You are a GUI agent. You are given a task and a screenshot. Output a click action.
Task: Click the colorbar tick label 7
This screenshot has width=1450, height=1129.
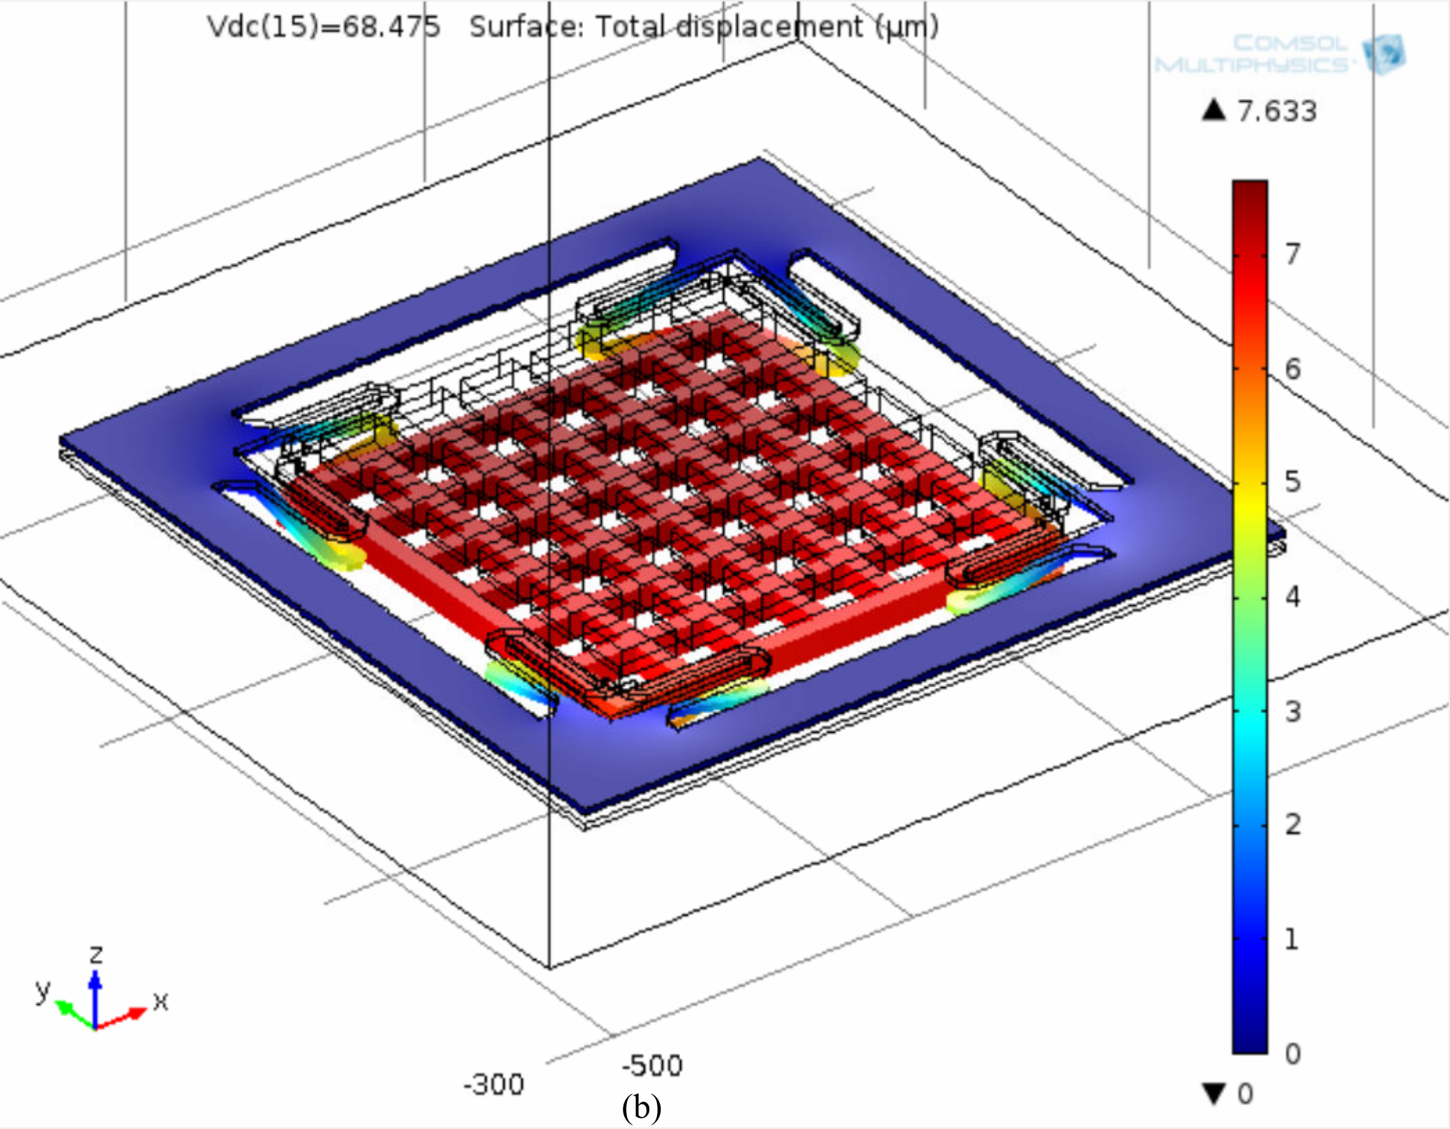pos(1293,254)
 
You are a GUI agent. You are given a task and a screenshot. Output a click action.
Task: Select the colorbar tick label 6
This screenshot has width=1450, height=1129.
pos(1293,368)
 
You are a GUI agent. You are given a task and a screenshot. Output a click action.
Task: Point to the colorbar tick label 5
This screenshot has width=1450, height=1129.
pos(1293,482)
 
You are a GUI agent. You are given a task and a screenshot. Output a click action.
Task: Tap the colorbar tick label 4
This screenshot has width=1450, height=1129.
pos(1293,597)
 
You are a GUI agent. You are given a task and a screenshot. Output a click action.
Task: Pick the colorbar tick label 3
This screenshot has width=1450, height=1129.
pos(1293,712)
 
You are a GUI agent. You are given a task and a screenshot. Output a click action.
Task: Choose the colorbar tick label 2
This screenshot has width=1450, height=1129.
pos(1293,825)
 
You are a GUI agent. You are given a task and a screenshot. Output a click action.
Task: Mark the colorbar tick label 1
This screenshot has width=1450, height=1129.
pos(1292,939)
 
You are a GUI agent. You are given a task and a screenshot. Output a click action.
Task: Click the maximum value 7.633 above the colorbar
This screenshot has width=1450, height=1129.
pos(1277,111)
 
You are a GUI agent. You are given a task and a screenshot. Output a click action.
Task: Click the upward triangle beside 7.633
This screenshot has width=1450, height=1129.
pos(1214,110)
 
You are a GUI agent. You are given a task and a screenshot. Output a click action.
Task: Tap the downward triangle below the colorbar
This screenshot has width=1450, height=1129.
pos(1214,1093)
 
